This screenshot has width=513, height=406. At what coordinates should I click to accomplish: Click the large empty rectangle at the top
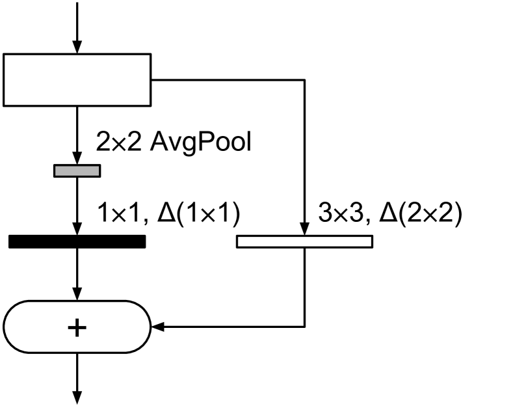[x=77, y=80]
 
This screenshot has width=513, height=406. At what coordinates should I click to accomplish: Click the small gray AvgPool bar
[x=77, y=170]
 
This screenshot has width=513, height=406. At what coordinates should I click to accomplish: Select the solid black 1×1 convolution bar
[x=77, y=241]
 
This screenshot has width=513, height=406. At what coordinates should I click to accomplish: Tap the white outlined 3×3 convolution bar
[x=304, y=241]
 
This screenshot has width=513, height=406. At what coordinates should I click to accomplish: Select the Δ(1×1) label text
[x=198, y=213]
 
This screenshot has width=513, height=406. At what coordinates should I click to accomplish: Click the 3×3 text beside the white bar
[x=340, y=213]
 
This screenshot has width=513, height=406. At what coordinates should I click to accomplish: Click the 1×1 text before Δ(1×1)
[x=119, y=213]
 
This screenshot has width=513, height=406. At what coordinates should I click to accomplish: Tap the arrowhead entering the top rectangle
[x=77, y=47]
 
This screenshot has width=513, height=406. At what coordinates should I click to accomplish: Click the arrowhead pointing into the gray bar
[x=77, y=159]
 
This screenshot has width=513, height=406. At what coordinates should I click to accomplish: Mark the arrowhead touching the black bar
[x=77, y=229]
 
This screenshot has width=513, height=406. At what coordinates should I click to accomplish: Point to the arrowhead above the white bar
[x=304, y=229]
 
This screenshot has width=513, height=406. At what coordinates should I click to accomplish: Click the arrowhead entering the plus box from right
[x=158, y=327]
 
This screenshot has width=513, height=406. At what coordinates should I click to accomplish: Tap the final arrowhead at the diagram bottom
[x=77, y=396]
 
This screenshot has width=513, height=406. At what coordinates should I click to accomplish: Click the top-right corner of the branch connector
[x=304, y=80]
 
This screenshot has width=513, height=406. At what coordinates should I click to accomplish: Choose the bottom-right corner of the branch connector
[x=304, y=327]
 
